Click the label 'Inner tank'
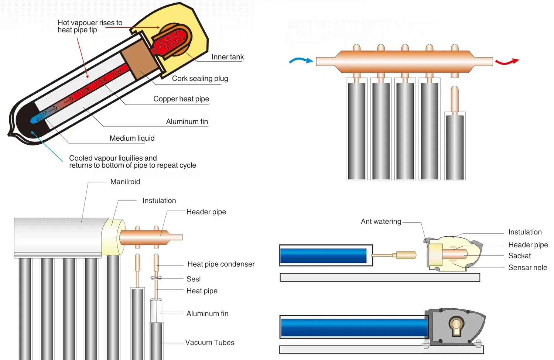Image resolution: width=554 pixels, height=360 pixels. click(x=228, y=57)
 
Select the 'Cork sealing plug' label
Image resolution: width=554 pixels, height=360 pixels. click(x=200, y=78)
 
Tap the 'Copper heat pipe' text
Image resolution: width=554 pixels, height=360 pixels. click(x=181, y=99)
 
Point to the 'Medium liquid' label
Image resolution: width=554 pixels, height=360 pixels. click(x=132, y=138)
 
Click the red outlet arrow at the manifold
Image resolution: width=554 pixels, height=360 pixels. click(x=507, y=62)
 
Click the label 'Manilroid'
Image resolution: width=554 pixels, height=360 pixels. click(x=125, y=182)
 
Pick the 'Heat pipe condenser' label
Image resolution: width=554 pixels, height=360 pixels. click(x=221, y=264)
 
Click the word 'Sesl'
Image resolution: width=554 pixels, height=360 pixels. click(x=194, y=279)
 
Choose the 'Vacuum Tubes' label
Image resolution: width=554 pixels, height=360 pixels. click(x=209, y=342)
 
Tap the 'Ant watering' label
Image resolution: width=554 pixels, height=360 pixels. click(x=381, y=221)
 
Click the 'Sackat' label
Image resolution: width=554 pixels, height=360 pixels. click(x=519, y=256)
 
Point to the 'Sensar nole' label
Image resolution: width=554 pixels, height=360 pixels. click(x=527, y=267)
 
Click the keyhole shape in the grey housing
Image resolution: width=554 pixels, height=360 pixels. click(x=456, y=326)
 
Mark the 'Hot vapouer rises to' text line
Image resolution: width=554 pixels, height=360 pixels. click(x=90, y=23)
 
